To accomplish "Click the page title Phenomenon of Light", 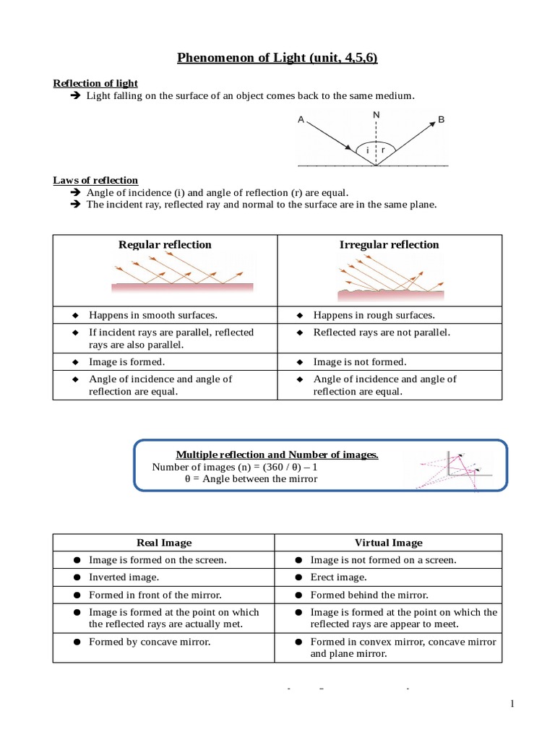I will (x=277, y=57).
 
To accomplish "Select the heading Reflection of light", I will (x=95, y=84).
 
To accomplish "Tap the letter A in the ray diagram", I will (x=301, y=121).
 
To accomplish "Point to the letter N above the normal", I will (x=376, y=115).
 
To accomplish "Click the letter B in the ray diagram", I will (x=441, y=121).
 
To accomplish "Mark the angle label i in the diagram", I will (x=367, y=150).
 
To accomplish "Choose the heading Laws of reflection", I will (x=95, y=180).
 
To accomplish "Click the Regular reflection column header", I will (x=165, y=245).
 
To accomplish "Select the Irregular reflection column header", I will (x=389, y=245).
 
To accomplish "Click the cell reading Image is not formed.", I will (x=359, y=362).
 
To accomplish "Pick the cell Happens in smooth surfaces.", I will (x=152, y=316).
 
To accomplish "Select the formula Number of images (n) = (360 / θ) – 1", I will (x=235, y=467).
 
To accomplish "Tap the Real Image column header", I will (x=164, y=543).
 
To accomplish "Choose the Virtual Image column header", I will (x=388, y=543).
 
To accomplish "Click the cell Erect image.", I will (x=338, y=577).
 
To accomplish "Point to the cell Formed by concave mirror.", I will (x=150, y=642).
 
